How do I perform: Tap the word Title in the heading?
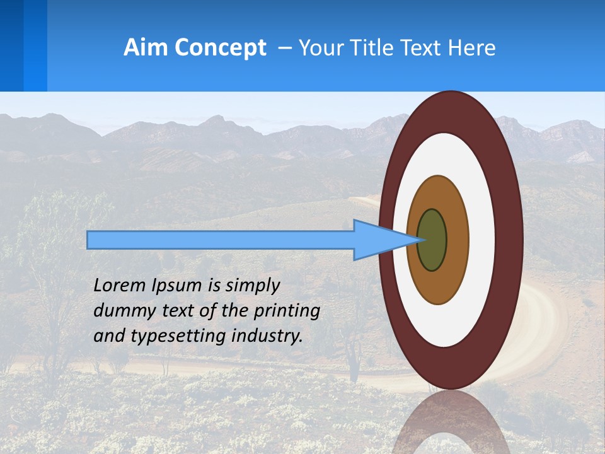[376, 48]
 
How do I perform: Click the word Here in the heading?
[473, 48]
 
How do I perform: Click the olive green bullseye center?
[432, 240]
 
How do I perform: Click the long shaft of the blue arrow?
[221, 240]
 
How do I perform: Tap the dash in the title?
[285, 48]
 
